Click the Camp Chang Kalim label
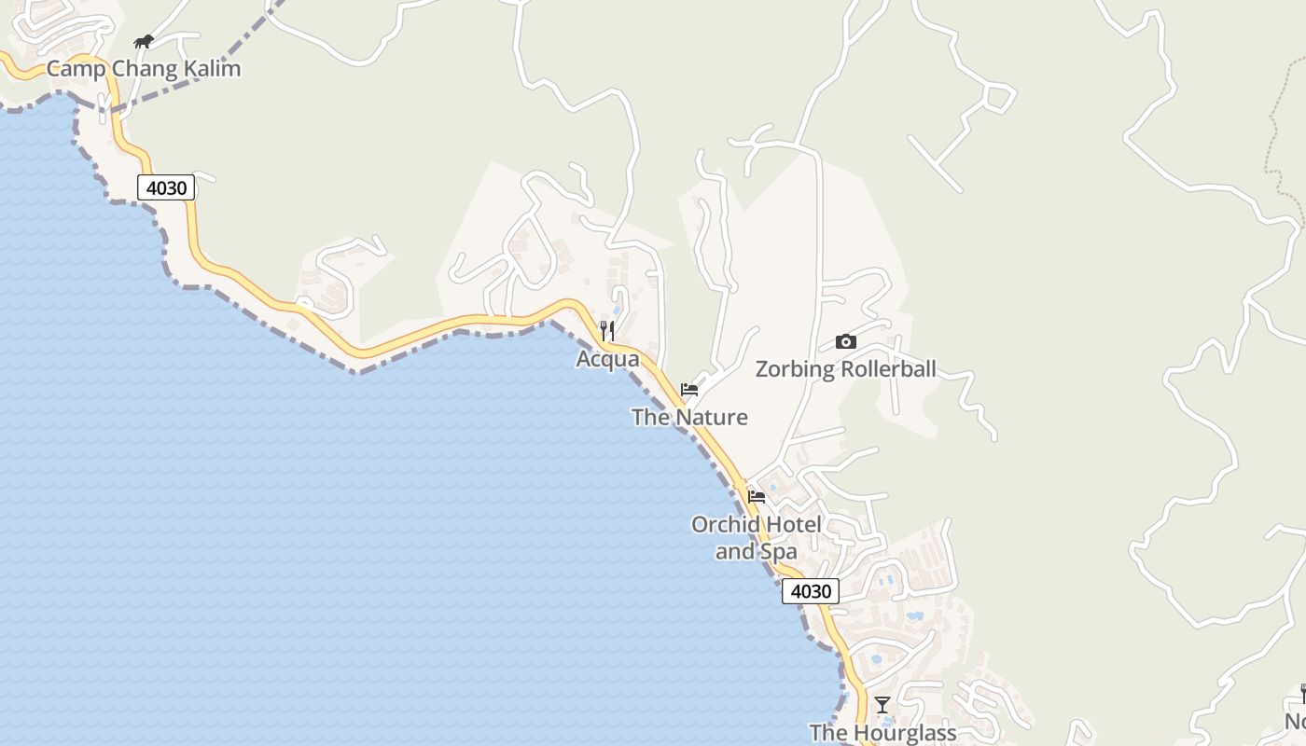click(144, 68)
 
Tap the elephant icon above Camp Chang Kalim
click(143, 41)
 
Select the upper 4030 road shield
click(167, 187)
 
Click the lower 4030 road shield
click(810, 591)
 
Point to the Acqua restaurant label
click(607, 359)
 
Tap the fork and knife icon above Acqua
click(607, 330)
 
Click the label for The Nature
click(689, 417)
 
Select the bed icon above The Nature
click(689, 389)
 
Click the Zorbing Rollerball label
click(845, 369)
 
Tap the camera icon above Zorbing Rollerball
click(845, 341)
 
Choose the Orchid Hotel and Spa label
click(757, 538)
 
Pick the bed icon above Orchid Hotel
click(757, 496)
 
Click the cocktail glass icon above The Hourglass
click(882, 704)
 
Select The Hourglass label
click(882, 733)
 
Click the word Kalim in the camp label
click(214, 68)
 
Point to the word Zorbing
click(795, 369)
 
